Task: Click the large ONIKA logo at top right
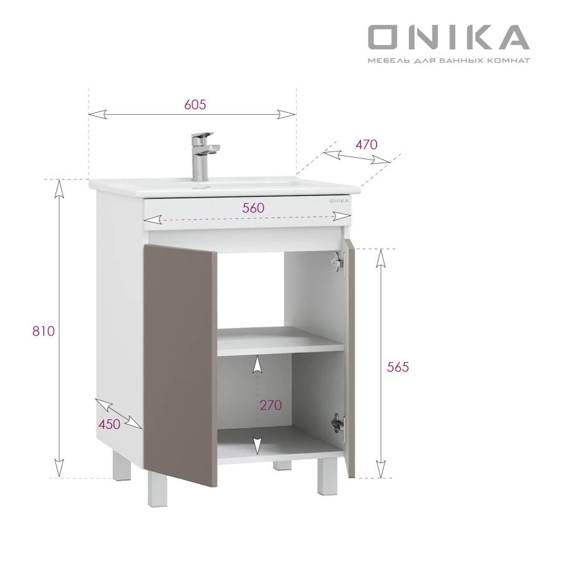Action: pos(449,37)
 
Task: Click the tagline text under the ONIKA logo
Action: pos(449,60)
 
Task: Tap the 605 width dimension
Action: pos(195,105)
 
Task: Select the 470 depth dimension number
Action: pos(367,145)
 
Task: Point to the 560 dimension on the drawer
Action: pos(253,208)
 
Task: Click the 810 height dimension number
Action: pos(44,332)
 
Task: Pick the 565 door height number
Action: pos(398,367)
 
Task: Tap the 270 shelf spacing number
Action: pos(271,405)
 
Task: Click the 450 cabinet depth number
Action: pos(109,424)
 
